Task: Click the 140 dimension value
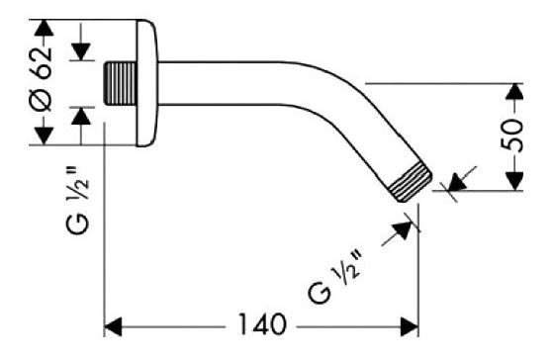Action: coord(262,324)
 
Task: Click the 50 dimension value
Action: coord(512,135)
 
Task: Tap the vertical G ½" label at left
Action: coord(77,200)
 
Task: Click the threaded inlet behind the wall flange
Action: coord(120,83)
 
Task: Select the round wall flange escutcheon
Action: coord(146,83)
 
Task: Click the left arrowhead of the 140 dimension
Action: coord(113,326)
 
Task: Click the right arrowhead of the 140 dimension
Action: coord(410,326)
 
